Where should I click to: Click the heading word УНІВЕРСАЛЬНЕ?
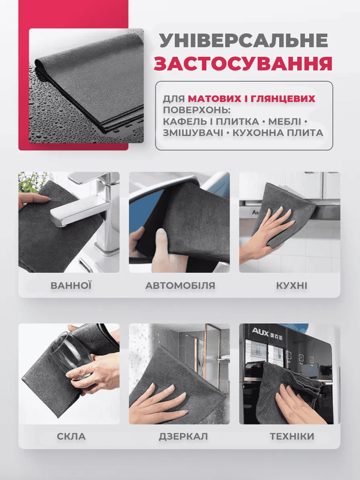[x=244, y=41]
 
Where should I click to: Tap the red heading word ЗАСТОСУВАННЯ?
[x=243, y=64]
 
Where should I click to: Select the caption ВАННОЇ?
[x=71, y=285]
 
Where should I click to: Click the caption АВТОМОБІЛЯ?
[x=180, y=286]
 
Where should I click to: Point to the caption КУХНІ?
[x=292, y=286]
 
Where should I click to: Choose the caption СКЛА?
[x=71, y=436]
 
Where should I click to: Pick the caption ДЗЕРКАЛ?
[x=183, y=436]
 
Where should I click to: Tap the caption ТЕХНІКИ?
[x=292, y=436]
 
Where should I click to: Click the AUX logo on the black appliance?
[x=260, y=332]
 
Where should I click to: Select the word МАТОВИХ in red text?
[x=214, y=99]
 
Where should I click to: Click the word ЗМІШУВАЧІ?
[x=193, y=133]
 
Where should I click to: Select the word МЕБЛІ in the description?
[x=284, y=122]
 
